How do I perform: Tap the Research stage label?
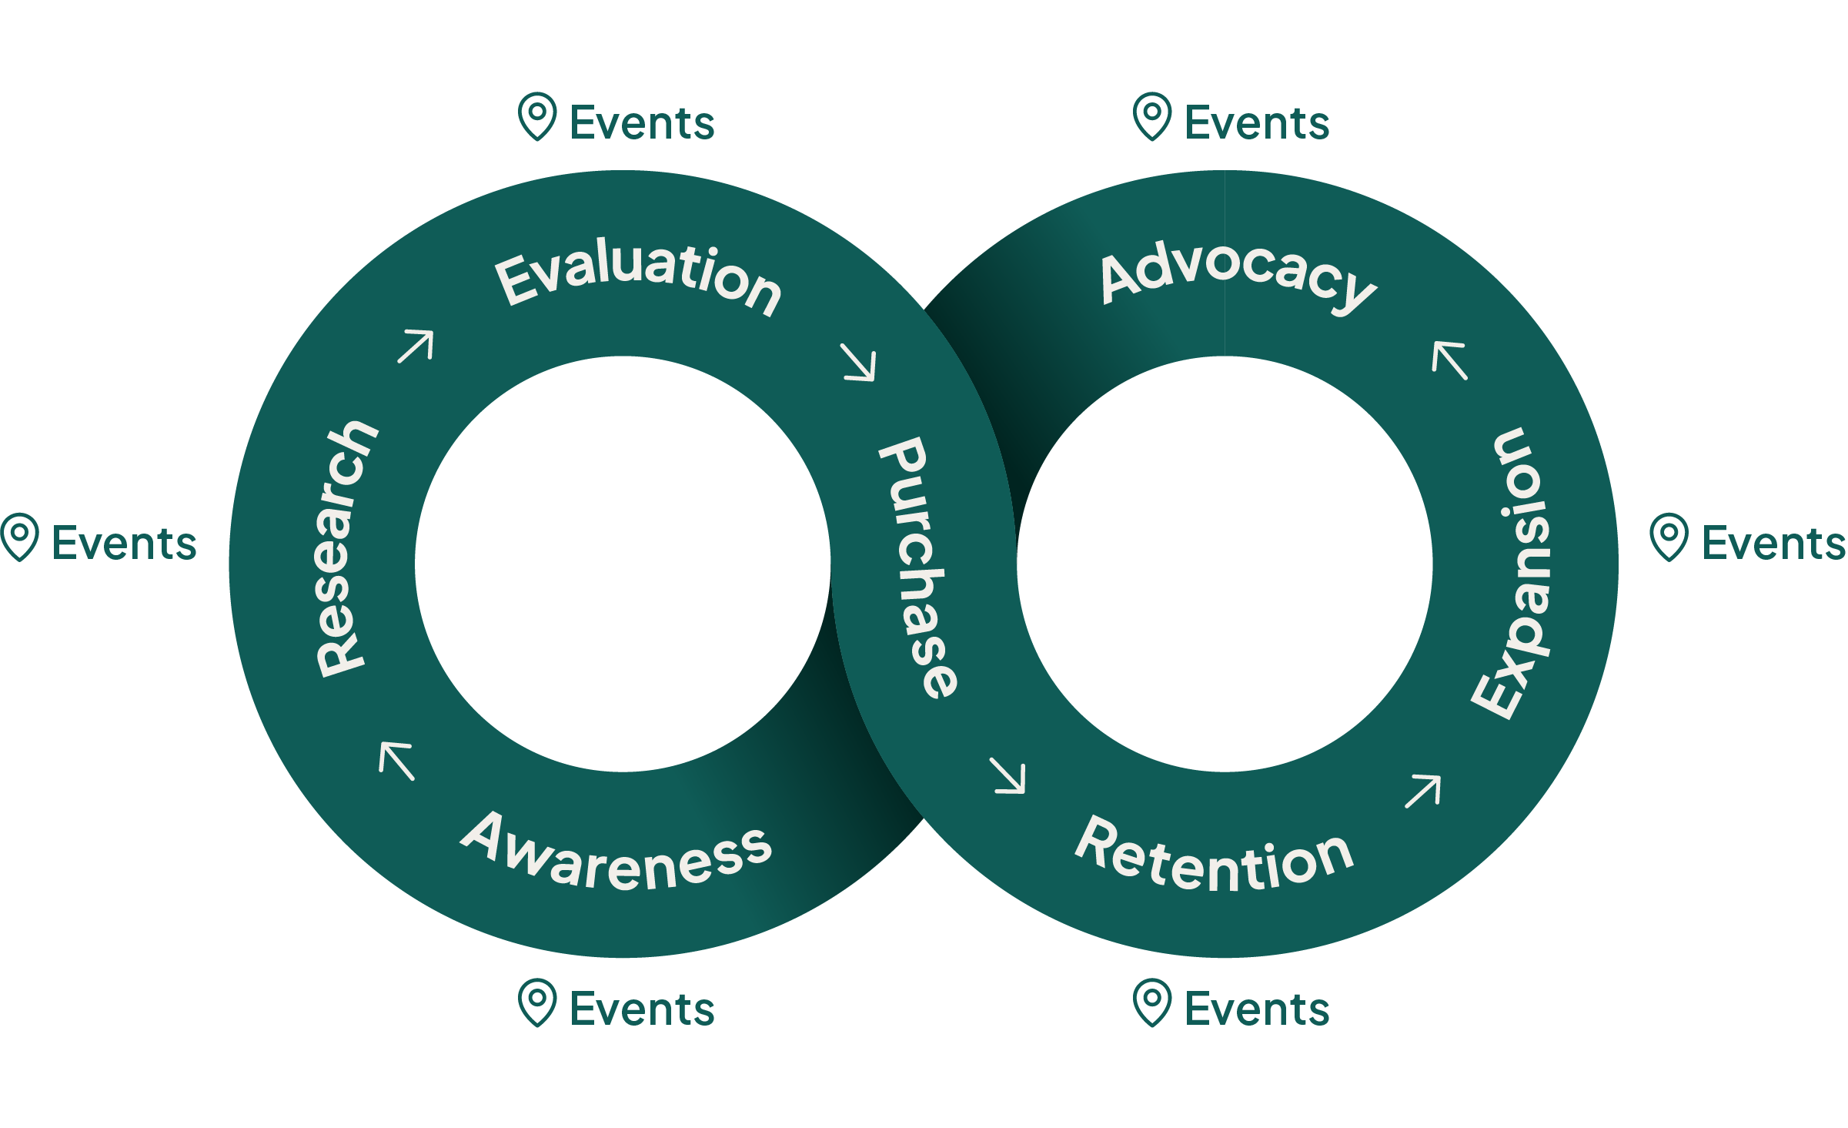pyautogui.click(x=345, y=549)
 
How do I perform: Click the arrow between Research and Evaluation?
pyautogui.click(x=416, y=346)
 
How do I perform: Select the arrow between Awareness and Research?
pyautogui.click(x=397, y=760)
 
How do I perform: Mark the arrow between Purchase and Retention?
pyautogui.click(x=1008, y=775)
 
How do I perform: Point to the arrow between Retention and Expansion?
pyautogui.click(x=1422, y=792)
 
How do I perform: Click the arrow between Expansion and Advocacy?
pyautogui.click(x=1449, y=360)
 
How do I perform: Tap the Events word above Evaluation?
pyautogui.click(x=643, y=123)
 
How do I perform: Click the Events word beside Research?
pyautogui.click(x=125, y=544)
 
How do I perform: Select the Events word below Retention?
pyautogui.click(x=1258, y=1009)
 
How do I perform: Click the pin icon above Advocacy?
pyautogui.click(x=1152, y=116)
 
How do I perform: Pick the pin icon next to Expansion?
pyautogui.click(x=1669, y=537)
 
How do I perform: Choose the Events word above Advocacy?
pyautogui.click(x=1258, y=123)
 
